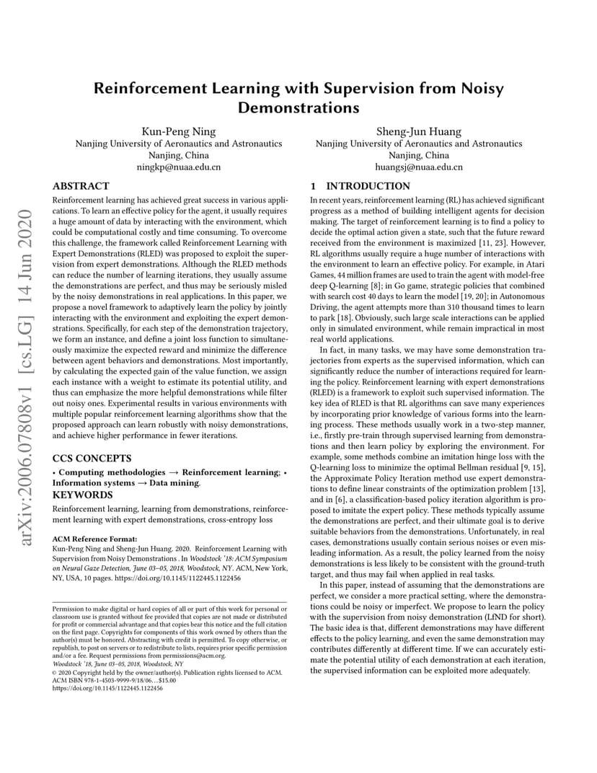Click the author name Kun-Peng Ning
pos(179,131)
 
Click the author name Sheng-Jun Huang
pos(419,131)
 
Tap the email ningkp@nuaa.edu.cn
pos(179,167)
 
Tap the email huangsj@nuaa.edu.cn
pos(419,167)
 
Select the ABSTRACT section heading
pos(81,186)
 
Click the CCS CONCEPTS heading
pos(92,458)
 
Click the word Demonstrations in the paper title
pos(298,108)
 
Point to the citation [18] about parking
pos(348,316)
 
